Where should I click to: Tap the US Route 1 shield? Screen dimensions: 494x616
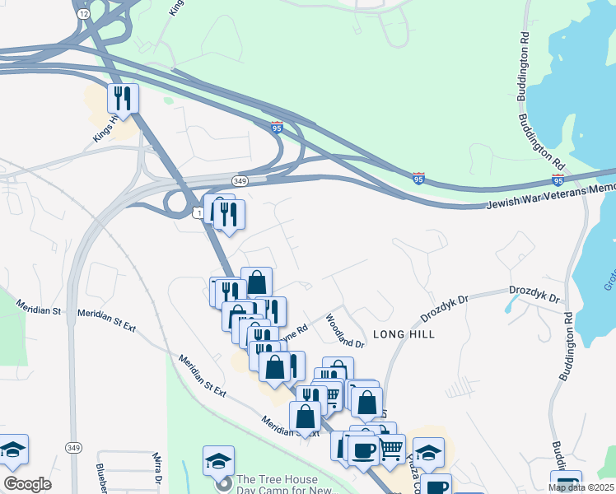199,213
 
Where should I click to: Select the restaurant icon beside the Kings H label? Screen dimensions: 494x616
123,98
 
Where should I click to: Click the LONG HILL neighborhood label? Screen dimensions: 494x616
404,334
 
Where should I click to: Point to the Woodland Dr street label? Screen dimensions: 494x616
343,330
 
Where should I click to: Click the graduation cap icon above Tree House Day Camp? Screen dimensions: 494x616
218,459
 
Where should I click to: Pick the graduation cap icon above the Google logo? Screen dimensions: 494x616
12,449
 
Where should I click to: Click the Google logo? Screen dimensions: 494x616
27,484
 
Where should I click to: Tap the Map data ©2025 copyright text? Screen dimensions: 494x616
581,487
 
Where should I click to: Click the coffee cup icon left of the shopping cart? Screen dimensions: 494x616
363,450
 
